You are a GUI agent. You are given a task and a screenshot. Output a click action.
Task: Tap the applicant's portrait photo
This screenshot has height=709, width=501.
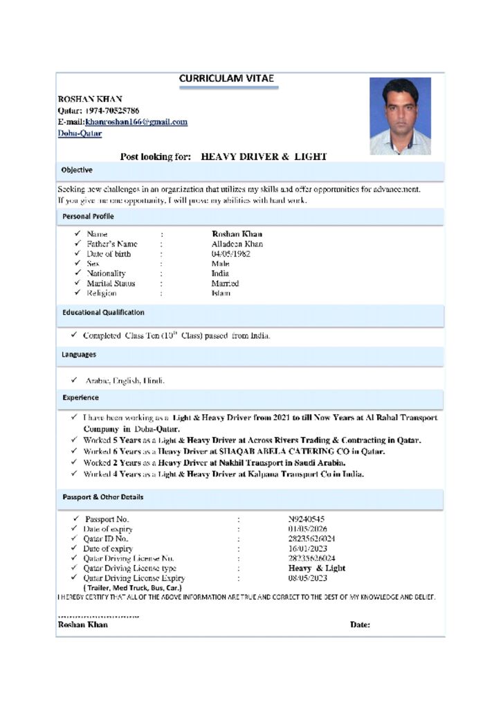click(x=400, y=116)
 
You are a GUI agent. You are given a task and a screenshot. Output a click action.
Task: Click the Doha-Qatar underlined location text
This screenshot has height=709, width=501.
click(x=80, y=134)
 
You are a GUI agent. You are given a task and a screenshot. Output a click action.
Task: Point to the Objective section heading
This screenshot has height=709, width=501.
click(x=77, y=170)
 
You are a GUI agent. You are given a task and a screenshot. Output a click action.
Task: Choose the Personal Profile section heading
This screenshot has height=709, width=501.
click(x=88, y=216)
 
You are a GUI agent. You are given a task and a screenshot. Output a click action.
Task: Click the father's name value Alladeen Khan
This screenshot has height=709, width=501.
click(x=237, y=244)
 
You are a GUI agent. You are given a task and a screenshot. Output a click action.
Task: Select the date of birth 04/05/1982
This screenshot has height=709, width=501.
click(x=230, y=253)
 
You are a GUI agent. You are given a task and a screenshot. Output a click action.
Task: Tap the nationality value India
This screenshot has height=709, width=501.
click(x=220, y=273)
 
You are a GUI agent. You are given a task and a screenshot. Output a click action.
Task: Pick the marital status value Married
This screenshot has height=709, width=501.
click(x=225, y=283)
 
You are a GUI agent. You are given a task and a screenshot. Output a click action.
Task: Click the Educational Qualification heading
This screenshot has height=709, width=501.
click(x=103, y=312)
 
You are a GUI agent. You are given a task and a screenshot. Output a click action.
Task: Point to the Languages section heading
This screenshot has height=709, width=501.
click(x=79, y=354)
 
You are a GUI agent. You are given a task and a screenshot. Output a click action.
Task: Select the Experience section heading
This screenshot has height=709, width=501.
click(x=80, y=397)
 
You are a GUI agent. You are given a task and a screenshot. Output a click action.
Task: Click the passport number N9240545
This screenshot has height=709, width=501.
click(x=306, y=519)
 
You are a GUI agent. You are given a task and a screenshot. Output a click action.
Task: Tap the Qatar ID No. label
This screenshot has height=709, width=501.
click(x=106, y=539)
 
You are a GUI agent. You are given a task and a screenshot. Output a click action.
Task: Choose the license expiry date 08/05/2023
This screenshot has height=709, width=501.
click(x=307, y=577)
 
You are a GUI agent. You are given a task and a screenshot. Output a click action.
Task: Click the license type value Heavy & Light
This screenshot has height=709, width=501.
click(x=316, y=568)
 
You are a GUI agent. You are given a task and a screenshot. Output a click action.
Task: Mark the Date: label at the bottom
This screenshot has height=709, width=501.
click(x=360, y=625)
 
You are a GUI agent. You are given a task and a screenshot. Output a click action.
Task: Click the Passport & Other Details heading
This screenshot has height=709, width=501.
click(x=102, y=497)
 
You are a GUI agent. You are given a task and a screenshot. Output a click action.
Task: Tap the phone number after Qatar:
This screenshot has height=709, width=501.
click(x=112, y=111)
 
